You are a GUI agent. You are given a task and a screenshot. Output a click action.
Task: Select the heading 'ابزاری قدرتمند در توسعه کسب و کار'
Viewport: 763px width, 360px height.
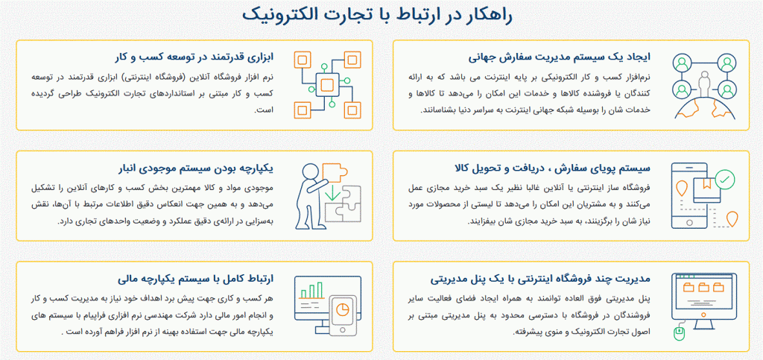pyautogui.click(x=196, y=57)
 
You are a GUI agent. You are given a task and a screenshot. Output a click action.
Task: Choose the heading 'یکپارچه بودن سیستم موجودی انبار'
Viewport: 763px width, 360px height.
pyautogui.click(x=196, y=168)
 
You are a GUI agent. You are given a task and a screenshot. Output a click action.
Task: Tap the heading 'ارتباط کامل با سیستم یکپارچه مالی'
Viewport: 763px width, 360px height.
pyautogui.click(x=196, y=279)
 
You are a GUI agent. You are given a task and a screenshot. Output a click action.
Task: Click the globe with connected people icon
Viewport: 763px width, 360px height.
pyautogui.click(x=704, y=85)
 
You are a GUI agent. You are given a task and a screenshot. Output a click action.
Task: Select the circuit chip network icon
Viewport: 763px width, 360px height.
pyautogui.click(x=328, y=85)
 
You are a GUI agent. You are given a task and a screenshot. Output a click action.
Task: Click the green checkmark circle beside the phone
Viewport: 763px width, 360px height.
pyautogui.click(x=726, y=180)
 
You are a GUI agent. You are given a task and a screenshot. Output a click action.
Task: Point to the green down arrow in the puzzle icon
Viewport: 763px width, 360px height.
pyautogui.click(x=333, y=192)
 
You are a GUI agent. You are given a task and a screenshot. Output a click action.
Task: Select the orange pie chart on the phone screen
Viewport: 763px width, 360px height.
pyautogui.click(x=344, y=309)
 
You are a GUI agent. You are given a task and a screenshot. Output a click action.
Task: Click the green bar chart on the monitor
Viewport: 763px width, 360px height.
pyautogui.click(x=312, y=291)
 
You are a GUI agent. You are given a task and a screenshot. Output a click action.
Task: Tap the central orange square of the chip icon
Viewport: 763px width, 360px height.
pyautogui.click(x=327, y=85)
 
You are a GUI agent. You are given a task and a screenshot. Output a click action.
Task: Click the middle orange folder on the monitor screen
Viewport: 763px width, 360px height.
pyautogui.click(x=704, y=287)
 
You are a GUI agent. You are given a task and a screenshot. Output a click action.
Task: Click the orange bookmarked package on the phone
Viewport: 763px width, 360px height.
pyautogui.click(x=706, y=190)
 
